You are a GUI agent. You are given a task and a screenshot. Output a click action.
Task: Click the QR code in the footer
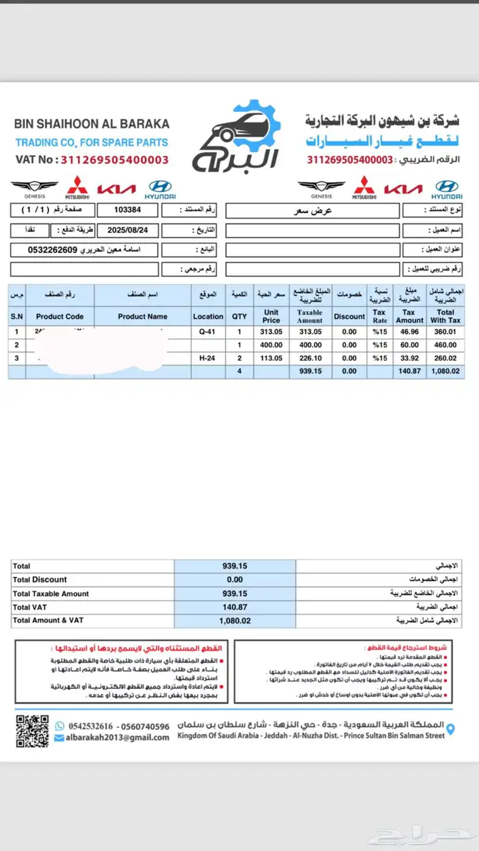(32, 730)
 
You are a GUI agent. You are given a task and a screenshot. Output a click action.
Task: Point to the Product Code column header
(60, 316)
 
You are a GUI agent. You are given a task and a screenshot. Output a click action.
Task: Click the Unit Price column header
(271, 316)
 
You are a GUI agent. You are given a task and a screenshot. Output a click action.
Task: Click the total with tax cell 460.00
(445, 345)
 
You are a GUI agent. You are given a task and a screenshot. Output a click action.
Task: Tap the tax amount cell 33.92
(409, 358)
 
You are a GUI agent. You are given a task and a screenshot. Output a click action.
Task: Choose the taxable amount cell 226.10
(309, 358)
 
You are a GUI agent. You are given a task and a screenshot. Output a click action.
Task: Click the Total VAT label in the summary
(31, 607)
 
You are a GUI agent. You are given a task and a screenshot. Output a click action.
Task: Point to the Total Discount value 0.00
(235, 580)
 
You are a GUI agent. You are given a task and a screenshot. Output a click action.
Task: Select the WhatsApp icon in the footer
(60, 725)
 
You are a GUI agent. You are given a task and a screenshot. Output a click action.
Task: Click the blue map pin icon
(450, 730)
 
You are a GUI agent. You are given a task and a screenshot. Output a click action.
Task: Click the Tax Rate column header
(379, 316)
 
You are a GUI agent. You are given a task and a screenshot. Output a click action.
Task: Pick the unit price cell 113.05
(271, 358)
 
